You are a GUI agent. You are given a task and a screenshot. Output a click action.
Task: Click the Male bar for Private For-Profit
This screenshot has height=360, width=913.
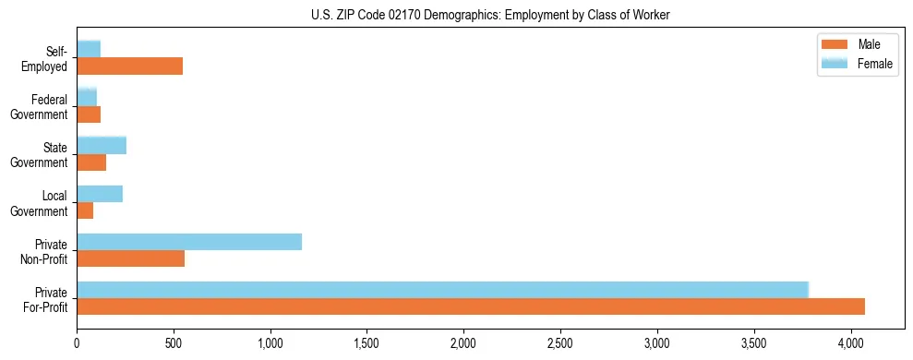pyautogui.click(x=471, y=306)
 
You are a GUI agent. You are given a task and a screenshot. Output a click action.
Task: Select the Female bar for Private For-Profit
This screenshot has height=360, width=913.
pyautogui.click(x=443, y=290)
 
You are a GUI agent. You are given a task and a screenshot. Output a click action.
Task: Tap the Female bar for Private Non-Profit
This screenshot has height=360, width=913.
pyautogui.click(x=189, y=242)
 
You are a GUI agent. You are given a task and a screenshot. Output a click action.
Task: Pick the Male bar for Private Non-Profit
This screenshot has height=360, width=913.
pyautogui.click(x=130, y=258)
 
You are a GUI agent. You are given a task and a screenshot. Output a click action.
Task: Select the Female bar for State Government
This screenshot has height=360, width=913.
pyautogui.click(x=102, y=146)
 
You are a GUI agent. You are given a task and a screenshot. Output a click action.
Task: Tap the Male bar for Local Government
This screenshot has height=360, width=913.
pyautogui.click(x=85, y=210)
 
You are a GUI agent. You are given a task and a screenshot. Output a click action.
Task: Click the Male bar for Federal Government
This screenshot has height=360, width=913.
pyautogui.click(x=89, y=114)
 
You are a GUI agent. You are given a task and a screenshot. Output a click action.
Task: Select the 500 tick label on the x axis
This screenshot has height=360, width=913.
pyautogui.click(x=174, y=342)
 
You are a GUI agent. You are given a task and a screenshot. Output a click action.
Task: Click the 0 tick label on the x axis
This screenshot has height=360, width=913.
pyautogui.click(x=77, y=342)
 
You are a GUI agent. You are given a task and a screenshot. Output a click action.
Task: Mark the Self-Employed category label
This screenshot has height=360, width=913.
pyautogui.click(x=49, y=59)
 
